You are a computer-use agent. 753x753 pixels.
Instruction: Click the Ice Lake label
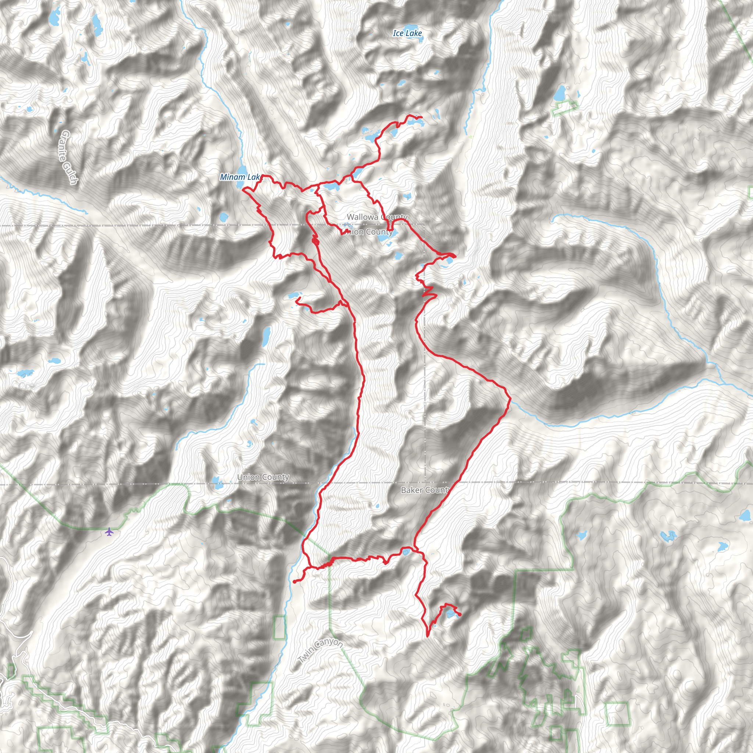point(407,33)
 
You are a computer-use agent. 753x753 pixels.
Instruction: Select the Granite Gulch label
point(69,157)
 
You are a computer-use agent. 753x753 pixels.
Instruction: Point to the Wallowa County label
point(377,217)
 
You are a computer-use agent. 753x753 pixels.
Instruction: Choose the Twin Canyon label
point(320,651)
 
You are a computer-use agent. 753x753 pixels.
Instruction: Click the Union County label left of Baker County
point(263,477)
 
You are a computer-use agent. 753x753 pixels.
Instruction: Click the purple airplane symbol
point(109,531)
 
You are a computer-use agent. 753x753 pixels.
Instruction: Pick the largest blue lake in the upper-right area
point(560,93)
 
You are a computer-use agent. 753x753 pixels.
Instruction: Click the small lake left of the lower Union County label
point(217,483)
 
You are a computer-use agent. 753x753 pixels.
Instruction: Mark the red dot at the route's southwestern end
point(295,582)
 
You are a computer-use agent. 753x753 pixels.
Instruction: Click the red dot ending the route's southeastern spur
point(460,615)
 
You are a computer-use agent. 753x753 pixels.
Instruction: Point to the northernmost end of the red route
point(421,117)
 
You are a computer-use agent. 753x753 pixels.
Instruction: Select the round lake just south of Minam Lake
point(224,217)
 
